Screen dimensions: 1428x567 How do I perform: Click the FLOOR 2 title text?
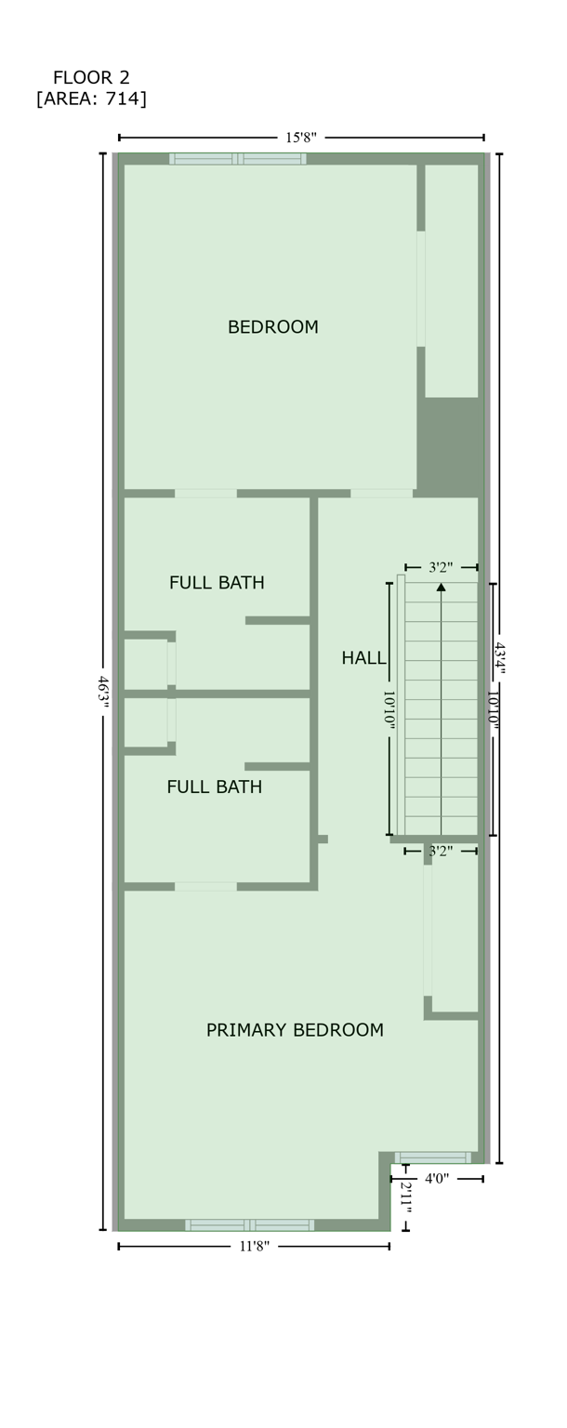91,77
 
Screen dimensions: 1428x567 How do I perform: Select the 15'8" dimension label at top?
300,138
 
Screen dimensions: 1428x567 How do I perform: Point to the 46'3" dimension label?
103,694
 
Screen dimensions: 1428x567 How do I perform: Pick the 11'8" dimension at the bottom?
254,1247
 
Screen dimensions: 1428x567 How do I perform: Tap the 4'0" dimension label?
437,1179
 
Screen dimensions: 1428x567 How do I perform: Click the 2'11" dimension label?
405,1196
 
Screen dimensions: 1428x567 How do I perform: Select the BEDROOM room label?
272,327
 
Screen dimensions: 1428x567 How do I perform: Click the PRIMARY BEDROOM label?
295,1030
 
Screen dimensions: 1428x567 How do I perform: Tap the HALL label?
363,658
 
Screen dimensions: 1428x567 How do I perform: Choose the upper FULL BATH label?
217,583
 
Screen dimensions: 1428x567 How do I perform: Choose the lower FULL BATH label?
214,787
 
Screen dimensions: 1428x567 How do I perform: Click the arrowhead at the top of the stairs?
442,587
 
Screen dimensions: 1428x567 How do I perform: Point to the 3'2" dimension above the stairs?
442,567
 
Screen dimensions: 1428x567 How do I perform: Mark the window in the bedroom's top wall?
238,159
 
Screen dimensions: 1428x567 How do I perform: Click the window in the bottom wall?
249,1225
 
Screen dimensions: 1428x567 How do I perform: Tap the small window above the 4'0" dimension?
433,1157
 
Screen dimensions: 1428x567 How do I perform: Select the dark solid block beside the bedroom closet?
451,443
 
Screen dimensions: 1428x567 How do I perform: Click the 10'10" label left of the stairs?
389,709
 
